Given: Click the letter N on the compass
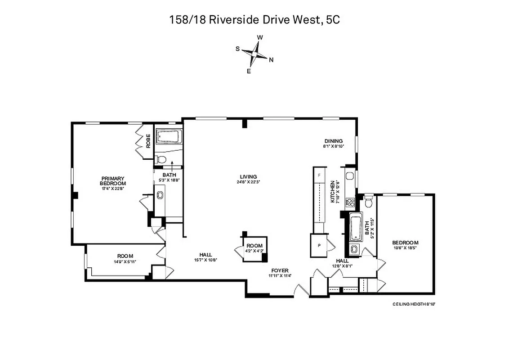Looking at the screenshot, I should tap(271, 59).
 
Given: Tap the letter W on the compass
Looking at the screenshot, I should tap(259, 38).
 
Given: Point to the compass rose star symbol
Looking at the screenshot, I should tap(255, 54).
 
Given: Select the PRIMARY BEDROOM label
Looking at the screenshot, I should tap(113, 180).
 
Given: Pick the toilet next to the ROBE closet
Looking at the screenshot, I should tap(161, 159).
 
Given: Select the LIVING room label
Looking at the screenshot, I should tap(248, 176).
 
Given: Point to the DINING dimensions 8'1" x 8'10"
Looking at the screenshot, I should tap(333, 146).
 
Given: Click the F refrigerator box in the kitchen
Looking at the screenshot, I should tap(319, 175).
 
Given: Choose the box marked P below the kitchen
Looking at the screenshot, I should tap(319, 245).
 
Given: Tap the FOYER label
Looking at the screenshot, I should tap(278, 270).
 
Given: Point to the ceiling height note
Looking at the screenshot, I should tap(414, 304).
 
